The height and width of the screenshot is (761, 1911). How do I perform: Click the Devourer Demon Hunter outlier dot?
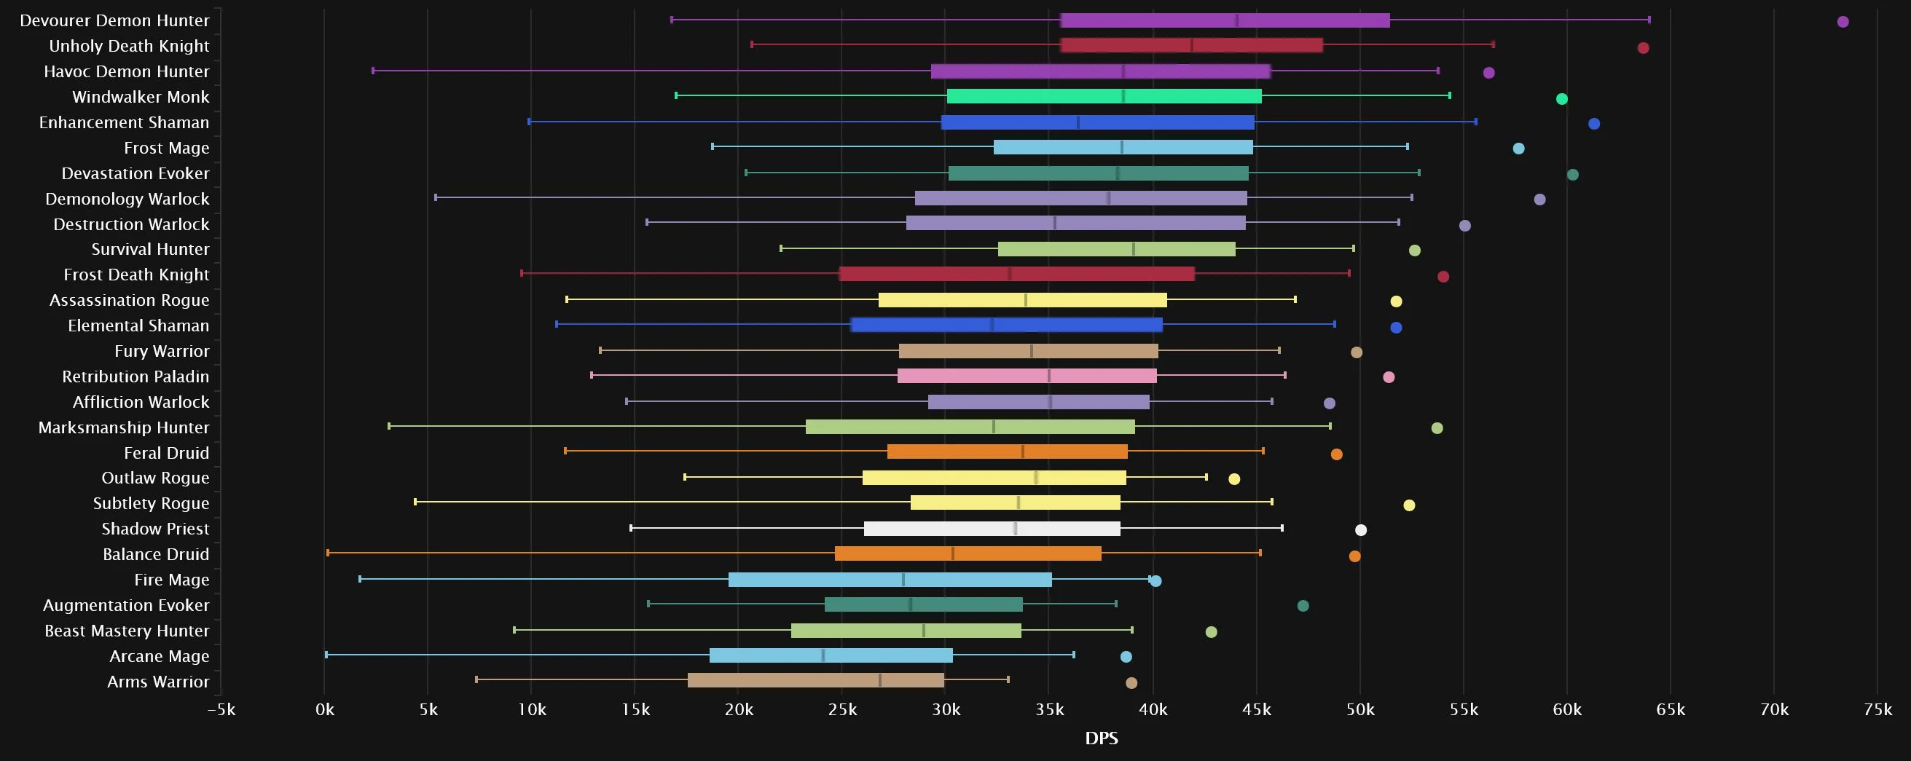1843,22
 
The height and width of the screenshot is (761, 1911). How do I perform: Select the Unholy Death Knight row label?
129,46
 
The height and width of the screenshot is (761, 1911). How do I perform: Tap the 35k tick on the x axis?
1050,710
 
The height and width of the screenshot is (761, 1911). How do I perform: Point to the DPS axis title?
1101,738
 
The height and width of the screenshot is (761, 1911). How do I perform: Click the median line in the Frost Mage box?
1122,147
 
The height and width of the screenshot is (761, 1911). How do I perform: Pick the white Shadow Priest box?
992,529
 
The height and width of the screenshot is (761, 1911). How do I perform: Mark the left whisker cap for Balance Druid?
328,553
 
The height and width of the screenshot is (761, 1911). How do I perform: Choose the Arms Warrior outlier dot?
1131,683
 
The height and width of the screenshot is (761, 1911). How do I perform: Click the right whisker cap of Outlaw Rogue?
1206,477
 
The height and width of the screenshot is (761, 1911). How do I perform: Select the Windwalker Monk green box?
1104,96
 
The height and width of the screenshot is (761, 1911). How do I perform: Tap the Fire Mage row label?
171,580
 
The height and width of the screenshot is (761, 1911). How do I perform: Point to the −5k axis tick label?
221,710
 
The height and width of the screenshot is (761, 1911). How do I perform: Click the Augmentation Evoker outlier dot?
1303,606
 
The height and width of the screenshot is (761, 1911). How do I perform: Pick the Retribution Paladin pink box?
1027,376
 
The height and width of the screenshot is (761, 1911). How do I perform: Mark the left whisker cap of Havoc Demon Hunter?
373,71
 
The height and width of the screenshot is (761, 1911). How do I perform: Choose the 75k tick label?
1877,710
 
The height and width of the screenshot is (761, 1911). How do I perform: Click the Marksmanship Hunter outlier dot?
1437,428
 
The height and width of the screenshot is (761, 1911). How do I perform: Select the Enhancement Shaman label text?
124,122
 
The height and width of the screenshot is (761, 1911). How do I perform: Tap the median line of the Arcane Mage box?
823,655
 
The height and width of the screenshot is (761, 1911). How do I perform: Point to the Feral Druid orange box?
1007,452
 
